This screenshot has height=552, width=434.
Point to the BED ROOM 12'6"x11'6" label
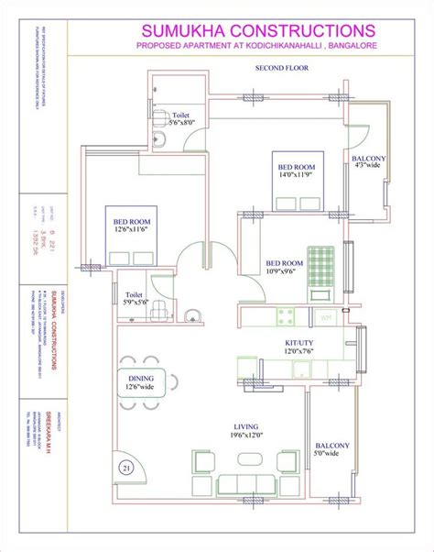[132, 226]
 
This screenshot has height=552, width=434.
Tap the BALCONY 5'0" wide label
[326, 448]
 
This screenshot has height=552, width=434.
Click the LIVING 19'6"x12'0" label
[247, 432]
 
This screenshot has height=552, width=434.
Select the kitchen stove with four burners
[285, 317]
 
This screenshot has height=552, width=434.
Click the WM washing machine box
[326, 317]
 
